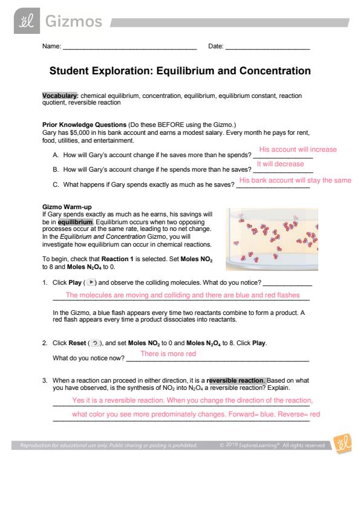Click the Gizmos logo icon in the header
27,21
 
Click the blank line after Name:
130,49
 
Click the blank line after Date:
267,49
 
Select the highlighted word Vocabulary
60,96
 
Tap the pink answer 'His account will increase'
298,149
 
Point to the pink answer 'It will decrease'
280,164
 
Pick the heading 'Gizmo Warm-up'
67,207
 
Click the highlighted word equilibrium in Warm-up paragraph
76,222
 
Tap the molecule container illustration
272,239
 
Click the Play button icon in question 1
91,282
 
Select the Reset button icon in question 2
95,343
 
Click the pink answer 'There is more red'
168,354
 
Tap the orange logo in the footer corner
342,444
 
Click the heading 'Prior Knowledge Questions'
84,125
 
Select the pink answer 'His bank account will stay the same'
295,180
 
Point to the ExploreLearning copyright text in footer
272,446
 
